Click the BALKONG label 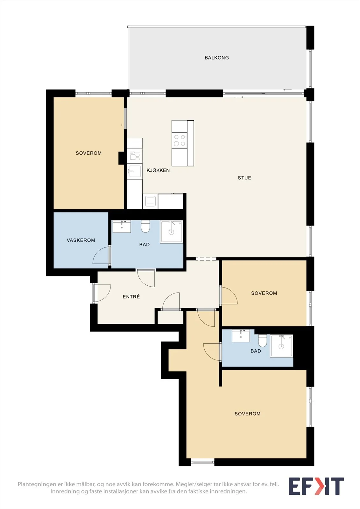tap(216, 58)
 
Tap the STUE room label tap(244, 178)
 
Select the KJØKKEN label tap(158, 171)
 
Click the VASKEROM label tap(81, 240)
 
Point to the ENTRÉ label tap(131, 296)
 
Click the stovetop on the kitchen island tap(180, 140)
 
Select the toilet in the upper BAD tap(145, 226)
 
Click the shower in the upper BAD tap(172, 232)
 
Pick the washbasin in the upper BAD tap(122, 226)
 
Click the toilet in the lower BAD tap(262, 341)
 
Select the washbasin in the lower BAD tap(241, 336)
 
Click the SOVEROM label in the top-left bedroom tap(89, 153)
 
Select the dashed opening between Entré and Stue tap(206, 259)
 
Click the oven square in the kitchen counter tap(150, 201)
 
